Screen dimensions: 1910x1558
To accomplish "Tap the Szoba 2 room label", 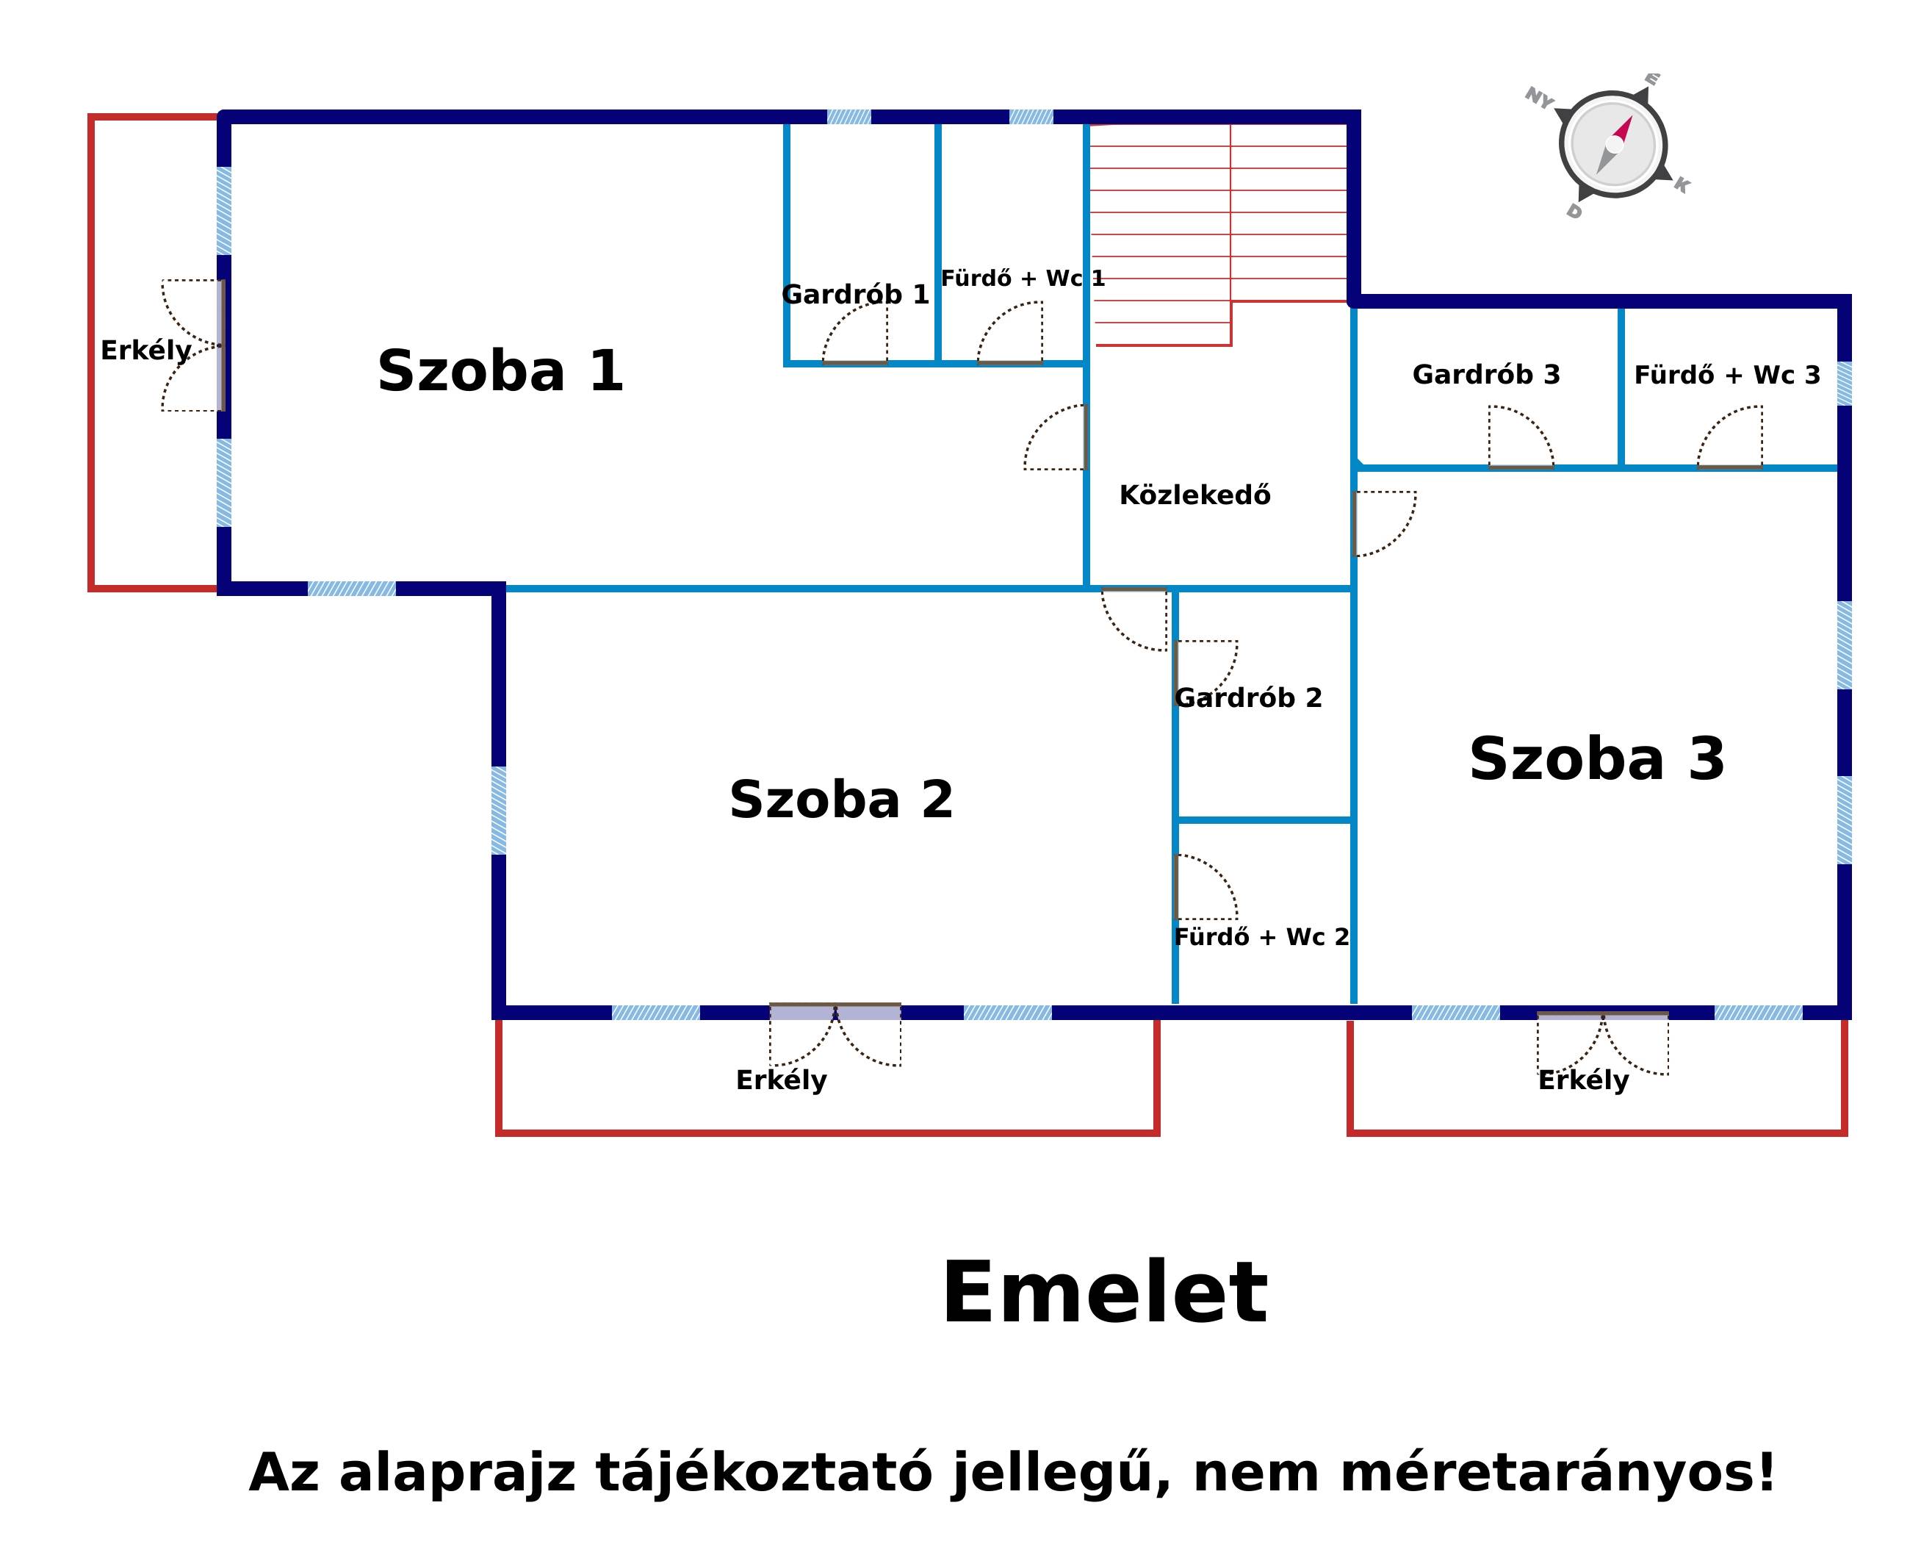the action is (840, 799).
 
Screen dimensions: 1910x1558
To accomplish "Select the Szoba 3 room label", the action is (1596, 758).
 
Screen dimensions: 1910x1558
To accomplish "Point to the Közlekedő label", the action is (1194, 495).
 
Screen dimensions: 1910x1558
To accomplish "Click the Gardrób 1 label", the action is (854, 295).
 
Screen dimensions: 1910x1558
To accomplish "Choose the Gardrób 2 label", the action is (1247, 697).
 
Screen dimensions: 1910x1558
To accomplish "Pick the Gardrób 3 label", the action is (1485, 374).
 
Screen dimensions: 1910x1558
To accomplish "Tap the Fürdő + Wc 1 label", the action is (1022, 279).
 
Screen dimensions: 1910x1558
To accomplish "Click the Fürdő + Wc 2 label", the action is (1261, 937).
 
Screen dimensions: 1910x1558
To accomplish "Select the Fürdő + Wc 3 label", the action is (1726, 374).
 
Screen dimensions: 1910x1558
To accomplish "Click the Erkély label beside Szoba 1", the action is (145, 350).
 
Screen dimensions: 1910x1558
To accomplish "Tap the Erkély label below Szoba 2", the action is (780, 1080).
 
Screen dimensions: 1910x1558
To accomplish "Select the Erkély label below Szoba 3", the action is (1582, 1080).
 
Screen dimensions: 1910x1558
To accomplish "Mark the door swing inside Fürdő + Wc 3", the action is (1730, 438).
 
